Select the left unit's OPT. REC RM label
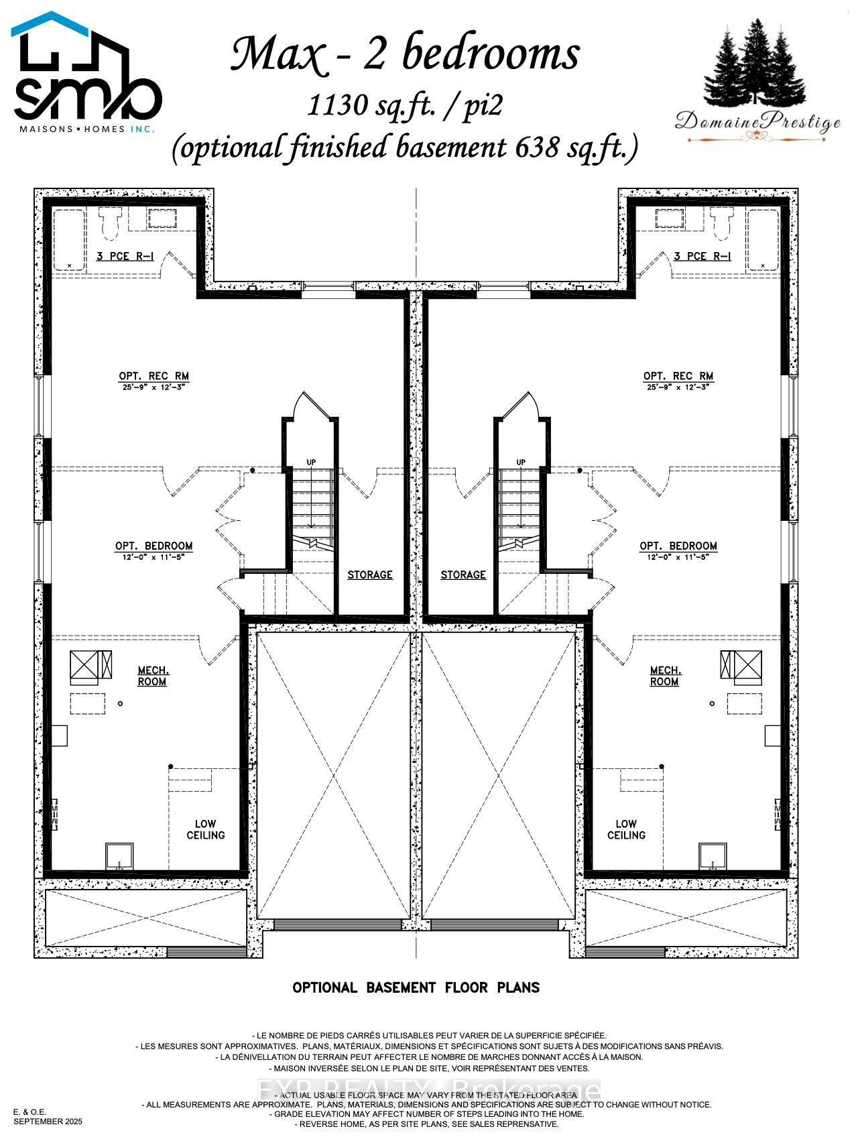(154, 376)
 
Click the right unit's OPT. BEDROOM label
(678, 546)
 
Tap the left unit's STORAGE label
(369, 575)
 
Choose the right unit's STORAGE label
(463, 575)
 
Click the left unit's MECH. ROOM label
(153, 676)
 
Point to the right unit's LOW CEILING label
(626, 829)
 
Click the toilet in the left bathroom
(109, 223)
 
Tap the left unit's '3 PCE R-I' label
(123, 256)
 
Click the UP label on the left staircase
(311, 462)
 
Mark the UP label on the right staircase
(521, 462)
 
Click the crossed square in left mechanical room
(85, 666)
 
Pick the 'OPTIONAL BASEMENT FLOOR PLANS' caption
(416, 987)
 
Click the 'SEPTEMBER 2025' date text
(48, 1121)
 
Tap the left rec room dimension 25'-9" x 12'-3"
(154, 387)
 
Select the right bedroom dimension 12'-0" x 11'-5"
(678, 557)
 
